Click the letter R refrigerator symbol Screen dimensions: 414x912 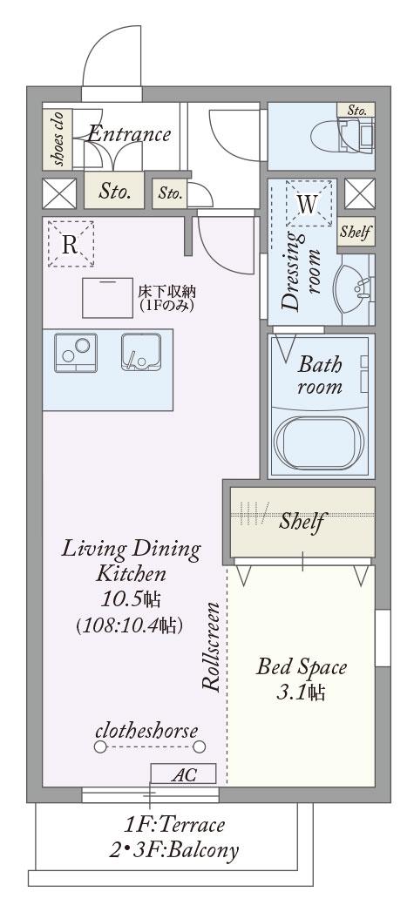point(71,244)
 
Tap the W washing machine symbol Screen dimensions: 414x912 point(308,203)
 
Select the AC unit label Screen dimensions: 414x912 point(183,774)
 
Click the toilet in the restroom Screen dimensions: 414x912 point(341,136)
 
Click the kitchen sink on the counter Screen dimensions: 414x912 point(140,351)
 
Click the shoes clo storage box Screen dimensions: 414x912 point(58,138)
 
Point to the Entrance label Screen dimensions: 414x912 point(129,134)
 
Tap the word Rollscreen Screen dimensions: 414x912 point(212,647)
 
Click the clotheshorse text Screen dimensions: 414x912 point(146,730)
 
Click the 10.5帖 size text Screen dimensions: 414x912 point(131,599)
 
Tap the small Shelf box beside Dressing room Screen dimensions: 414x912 point(356,232)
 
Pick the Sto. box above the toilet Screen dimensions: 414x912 point(356,110)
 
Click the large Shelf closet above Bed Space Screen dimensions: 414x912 point(302,522)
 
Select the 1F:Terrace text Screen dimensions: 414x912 point(174,824)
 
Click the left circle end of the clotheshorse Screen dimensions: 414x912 point(101,746)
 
